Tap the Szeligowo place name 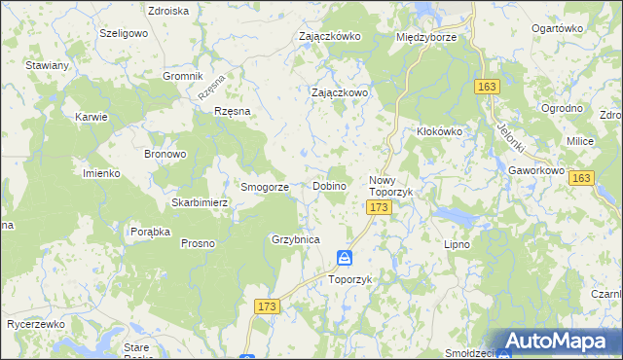pos(123,32)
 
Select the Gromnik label pos(182,76)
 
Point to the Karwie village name pos(91,116)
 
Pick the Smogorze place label pos(265,186)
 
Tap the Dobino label pos(331,186)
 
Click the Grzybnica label pos(296,238)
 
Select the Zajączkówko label pos(330,36)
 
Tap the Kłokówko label pos(437,130)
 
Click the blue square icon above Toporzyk pos(345,259)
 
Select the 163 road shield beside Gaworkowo pos(581,179)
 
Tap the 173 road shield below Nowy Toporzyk pos(379,208)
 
